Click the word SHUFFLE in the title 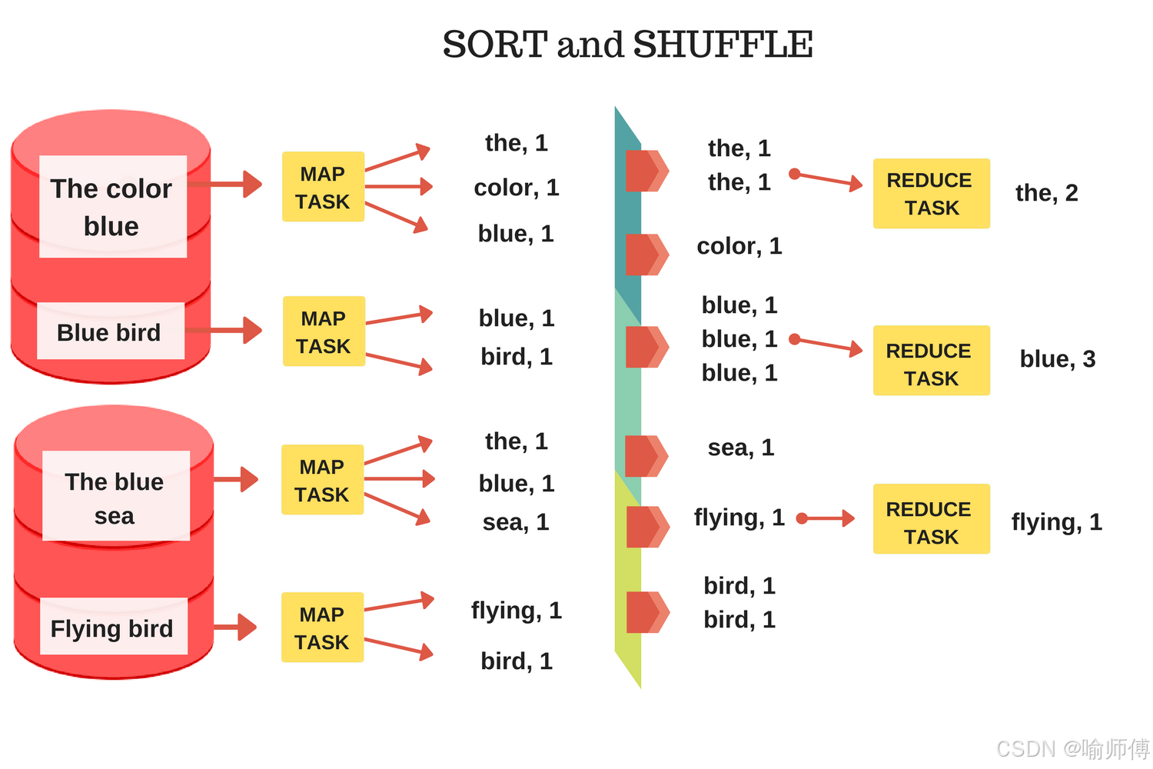pos(723,45)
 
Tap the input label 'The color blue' pos(112,207)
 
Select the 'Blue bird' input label pos(109,332)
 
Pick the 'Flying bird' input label pos(112,628)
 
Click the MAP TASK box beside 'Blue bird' pos(324,331)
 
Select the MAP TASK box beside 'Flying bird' pos(322,628)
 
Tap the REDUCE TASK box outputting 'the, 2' pos(931,194)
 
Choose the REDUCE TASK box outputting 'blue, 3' pos(931,361)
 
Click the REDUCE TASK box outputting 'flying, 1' pos(931,519)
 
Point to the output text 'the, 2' pos(1046,193)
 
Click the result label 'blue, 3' pos(1057,359)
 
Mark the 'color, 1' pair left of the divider pos(516,188)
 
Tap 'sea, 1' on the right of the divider pos(740,448)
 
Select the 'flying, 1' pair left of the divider pos(516,611)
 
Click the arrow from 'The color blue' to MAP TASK pos(226,184)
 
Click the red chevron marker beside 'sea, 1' pos(646,456)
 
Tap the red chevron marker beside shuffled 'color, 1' pos(646,255)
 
